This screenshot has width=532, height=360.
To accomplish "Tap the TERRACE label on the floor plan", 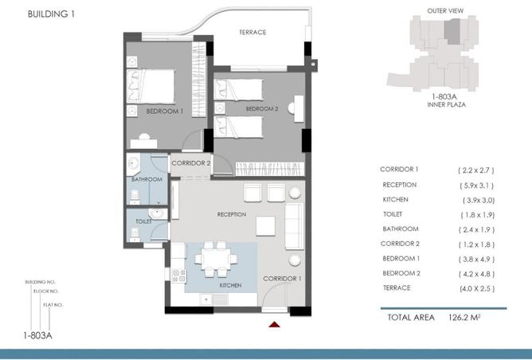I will pyautogui.click(x=252, y=33).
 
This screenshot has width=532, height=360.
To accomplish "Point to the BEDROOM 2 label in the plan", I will pyautogui.click(x=261, y=108).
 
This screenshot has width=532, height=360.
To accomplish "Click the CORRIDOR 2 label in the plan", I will pyautogui.click(x=191, y=163).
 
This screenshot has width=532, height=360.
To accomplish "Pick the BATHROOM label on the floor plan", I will pyautogui.click(x=147, y=180).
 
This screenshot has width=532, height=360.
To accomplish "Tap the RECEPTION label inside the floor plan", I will pyautogui.click(x=231, y=215).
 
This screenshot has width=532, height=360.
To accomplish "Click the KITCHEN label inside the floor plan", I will pyautogui.click(x=208, y=284).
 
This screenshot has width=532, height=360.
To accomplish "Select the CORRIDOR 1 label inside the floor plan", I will pyautogui.click(x=282, y=278).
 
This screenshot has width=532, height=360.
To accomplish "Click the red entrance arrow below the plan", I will pyautogui.click(x=275, y=324).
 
